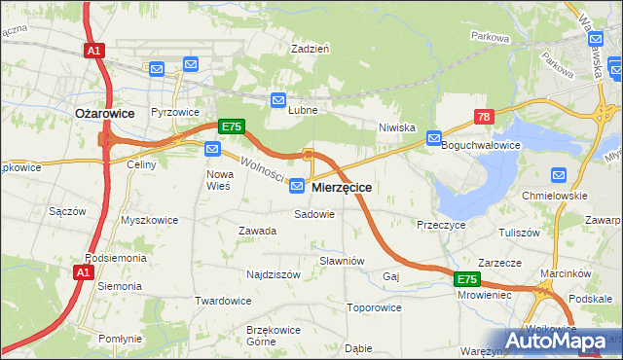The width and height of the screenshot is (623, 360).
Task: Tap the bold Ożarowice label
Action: point(104,113)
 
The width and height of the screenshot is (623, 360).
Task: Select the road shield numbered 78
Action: point(485,117)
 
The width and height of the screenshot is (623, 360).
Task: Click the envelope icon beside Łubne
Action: point(277,100)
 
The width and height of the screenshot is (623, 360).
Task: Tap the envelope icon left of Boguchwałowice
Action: point(434,139)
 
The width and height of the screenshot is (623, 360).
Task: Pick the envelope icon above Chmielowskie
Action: point(559,175)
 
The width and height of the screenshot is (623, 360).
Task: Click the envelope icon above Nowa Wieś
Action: point(212,149)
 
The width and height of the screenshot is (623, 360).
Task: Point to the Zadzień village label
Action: point(311,48)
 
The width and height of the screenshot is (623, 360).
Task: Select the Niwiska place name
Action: point(397,127)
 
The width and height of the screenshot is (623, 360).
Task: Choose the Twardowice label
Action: point(223,301)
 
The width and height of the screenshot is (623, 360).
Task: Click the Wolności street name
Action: point(262,169)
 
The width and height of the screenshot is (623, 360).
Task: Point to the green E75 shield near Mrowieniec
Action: point(467,279)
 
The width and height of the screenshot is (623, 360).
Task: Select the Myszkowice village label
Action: point(149,220)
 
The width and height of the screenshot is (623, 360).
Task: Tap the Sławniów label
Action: point(342,261)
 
